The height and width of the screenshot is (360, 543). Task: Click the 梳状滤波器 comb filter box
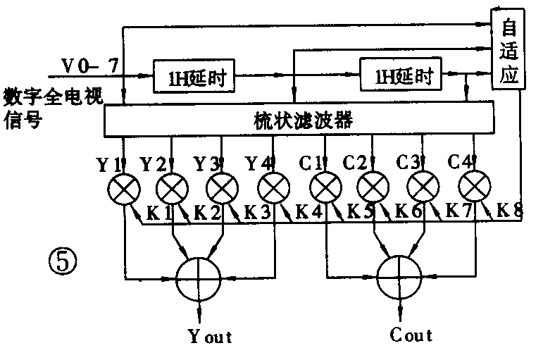coord(299,120)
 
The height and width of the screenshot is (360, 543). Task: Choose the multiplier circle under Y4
coord(274,188)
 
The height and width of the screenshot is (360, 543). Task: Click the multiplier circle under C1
coord(325,188)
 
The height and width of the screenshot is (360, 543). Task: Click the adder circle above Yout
coord(199,278)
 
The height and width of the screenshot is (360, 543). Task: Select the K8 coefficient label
coord(509,209)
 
